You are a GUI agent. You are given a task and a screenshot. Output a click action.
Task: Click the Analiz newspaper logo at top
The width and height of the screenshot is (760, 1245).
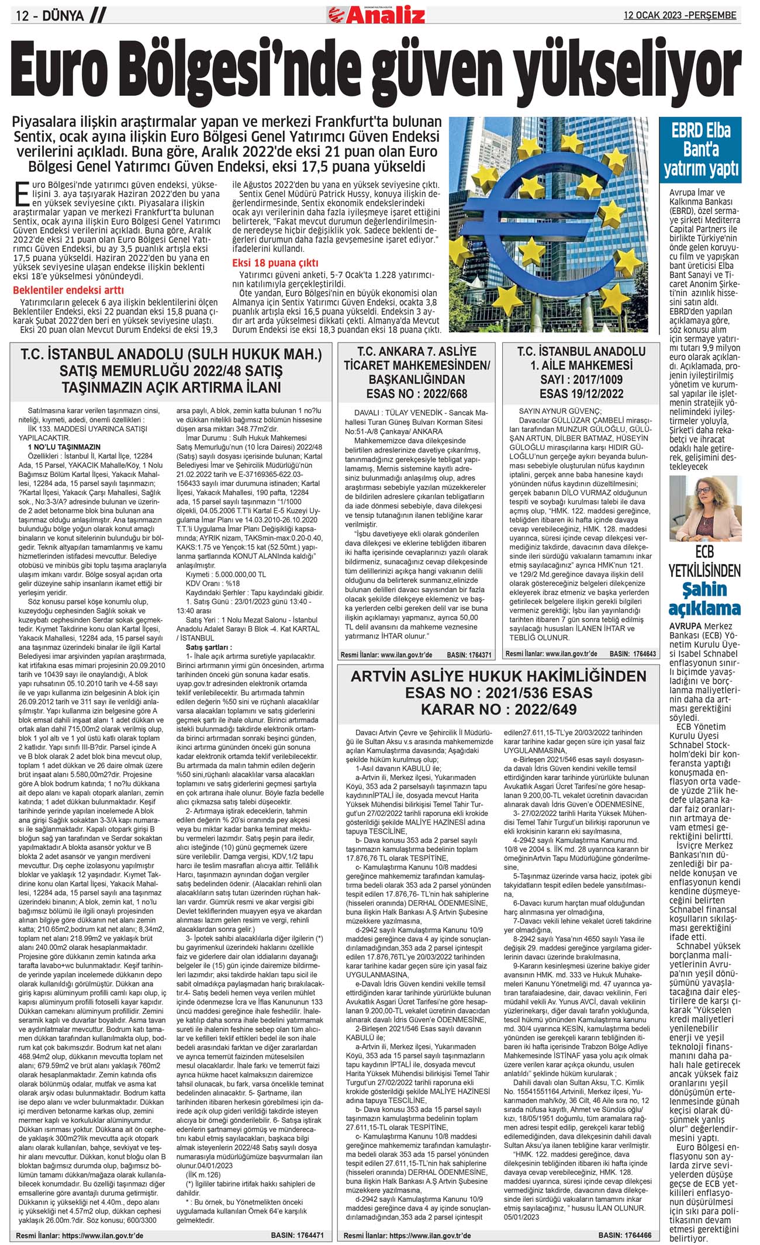pos(377,14)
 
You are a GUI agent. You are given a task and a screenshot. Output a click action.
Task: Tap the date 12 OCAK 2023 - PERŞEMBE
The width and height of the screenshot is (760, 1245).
pos(680,16)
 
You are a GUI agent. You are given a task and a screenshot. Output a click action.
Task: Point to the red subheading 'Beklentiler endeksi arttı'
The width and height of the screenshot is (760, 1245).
pos(68,290)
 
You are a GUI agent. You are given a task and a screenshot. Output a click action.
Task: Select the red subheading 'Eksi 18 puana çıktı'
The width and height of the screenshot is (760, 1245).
pos(275,262)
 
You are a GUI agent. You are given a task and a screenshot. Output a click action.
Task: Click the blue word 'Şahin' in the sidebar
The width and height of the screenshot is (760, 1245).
pos(705,589)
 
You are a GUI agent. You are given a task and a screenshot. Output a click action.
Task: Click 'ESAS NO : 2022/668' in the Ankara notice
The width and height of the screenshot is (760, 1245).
pos(417,393)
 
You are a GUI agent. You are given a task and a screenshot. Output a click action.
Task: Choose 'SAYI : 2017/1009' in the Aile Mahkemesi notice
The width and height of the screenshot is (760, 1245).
pos(581,379)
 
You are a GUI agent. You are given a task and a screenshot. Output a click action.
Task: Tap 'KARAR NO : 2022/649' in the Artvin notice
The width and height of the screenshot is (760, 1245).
pos(499,709)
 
